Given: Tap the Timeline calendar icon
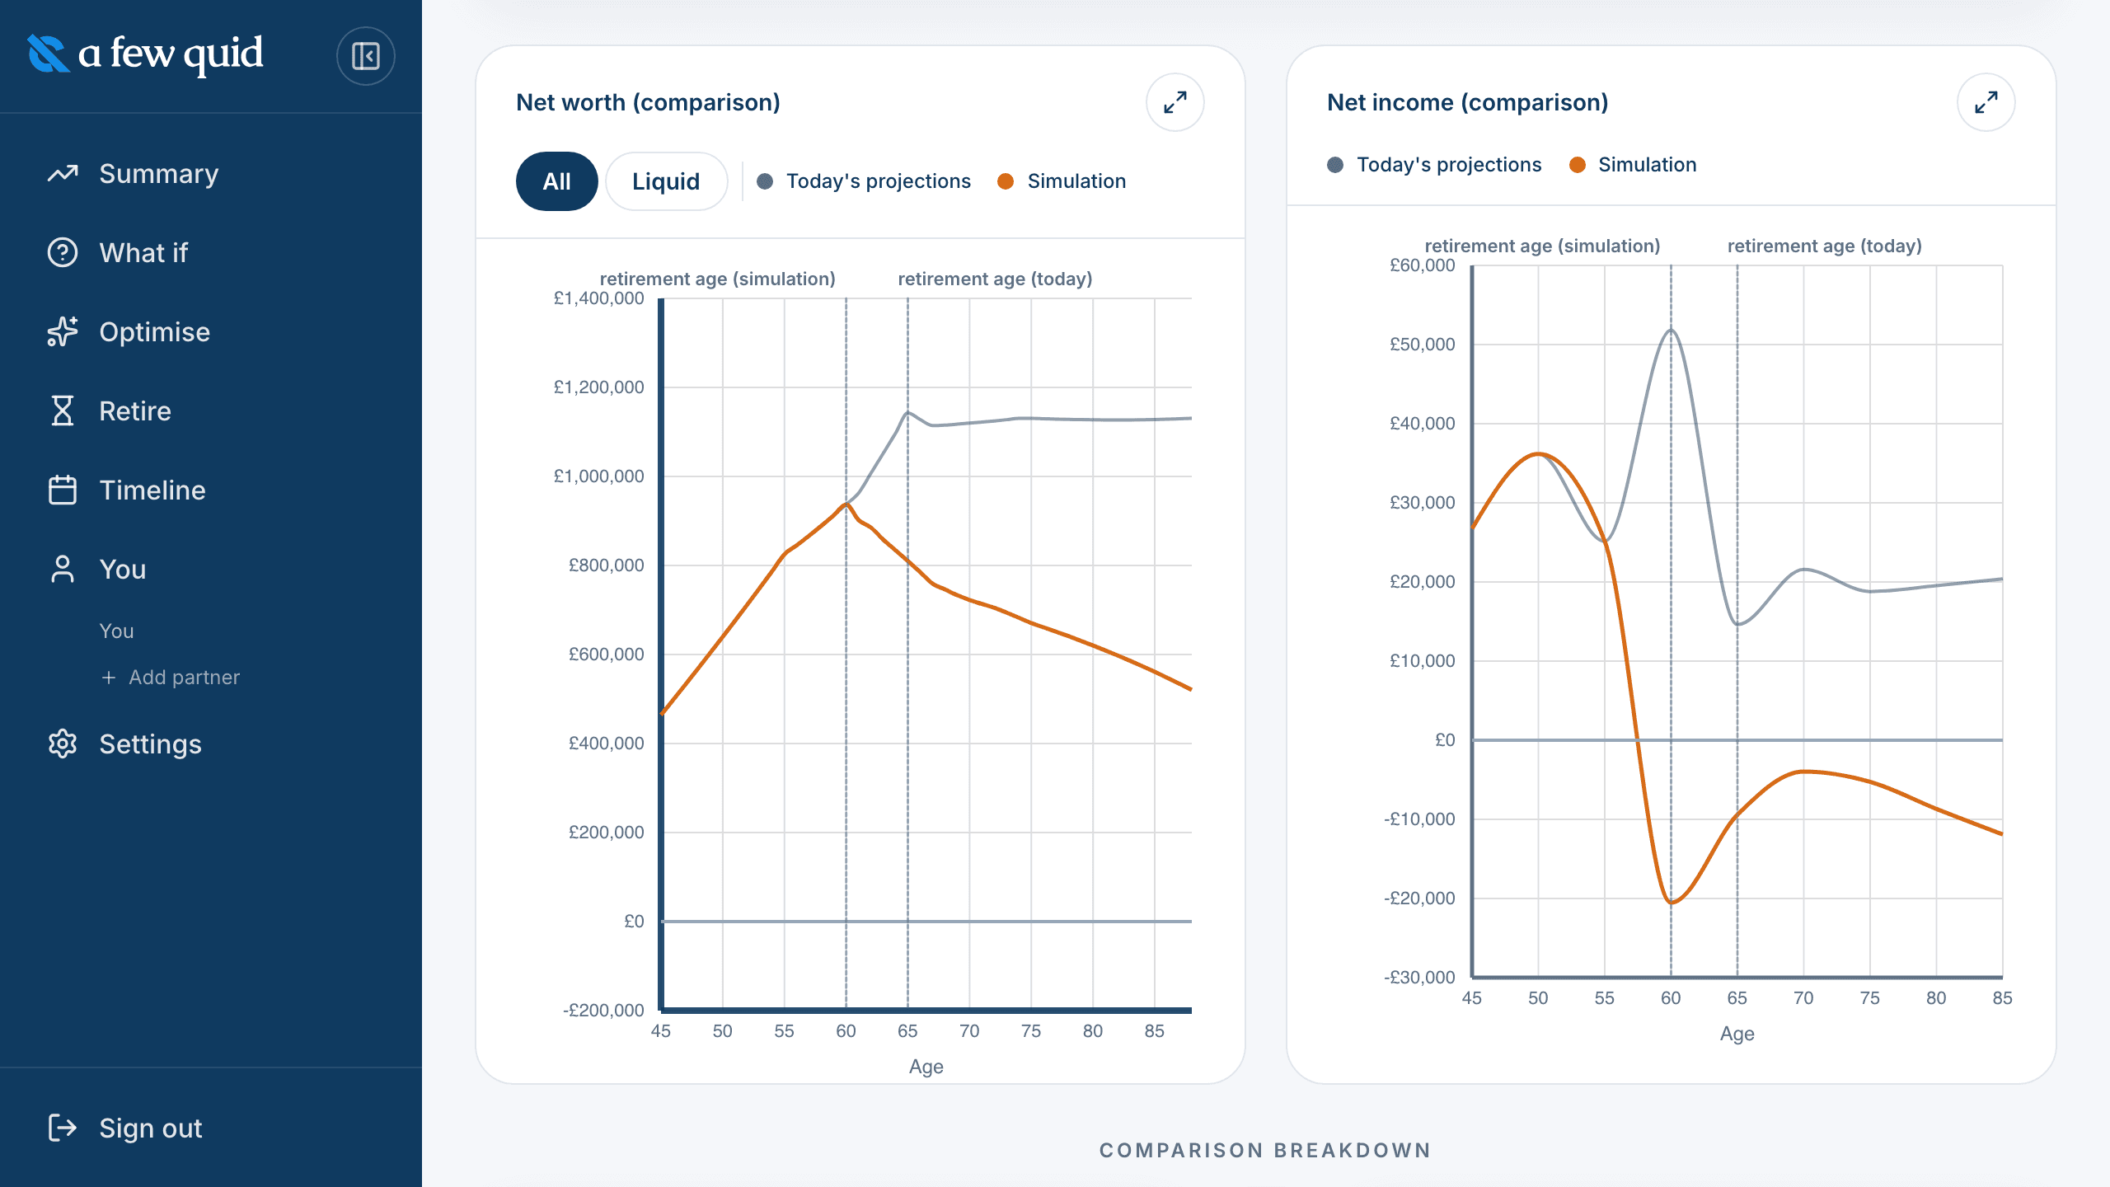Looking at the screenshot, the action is click(x=63, y=490).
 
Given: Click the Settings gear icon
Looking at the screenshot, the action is click(x=63, y=744).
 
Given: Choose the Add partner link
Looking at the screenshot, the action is click(x=170, y=678).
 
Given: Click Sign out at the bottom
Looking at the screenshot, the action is click(x=125, y=1128).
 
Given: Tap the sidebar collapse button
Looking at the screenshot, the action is click(x=366, y=56).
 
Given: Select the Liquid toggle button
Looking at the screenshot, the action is click(x=666, y=181).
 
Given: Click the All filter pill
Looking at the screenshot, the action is click(x=557, y=181).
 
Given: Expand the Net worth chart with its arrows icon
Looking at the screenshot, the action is click(x=1175, y=102).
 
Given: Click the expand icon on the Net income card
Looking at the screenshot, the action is click(x=1986, y=102).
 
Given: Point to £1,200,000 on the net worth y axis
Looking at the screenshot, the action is click(x=599, y=387).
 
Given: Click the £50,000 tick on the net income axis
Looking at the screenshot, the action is click(x=1423, y=345).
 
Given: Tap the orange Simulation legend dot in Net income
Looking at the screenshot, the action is click(x=1578, y=165).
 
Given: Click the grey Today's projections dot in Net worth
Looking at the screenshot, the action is click(x=765, y=181).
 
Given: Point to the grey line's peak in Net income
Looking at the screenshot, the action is click(x=1672, y=331).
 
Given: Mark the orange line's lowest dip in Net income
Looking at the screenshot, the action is click(x=1672, y=903).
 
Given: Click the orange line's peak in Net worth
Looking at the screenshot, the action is click(x=846, y=504).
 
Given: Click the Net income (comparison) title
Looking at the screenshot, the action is click(x=1468, y=102).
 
